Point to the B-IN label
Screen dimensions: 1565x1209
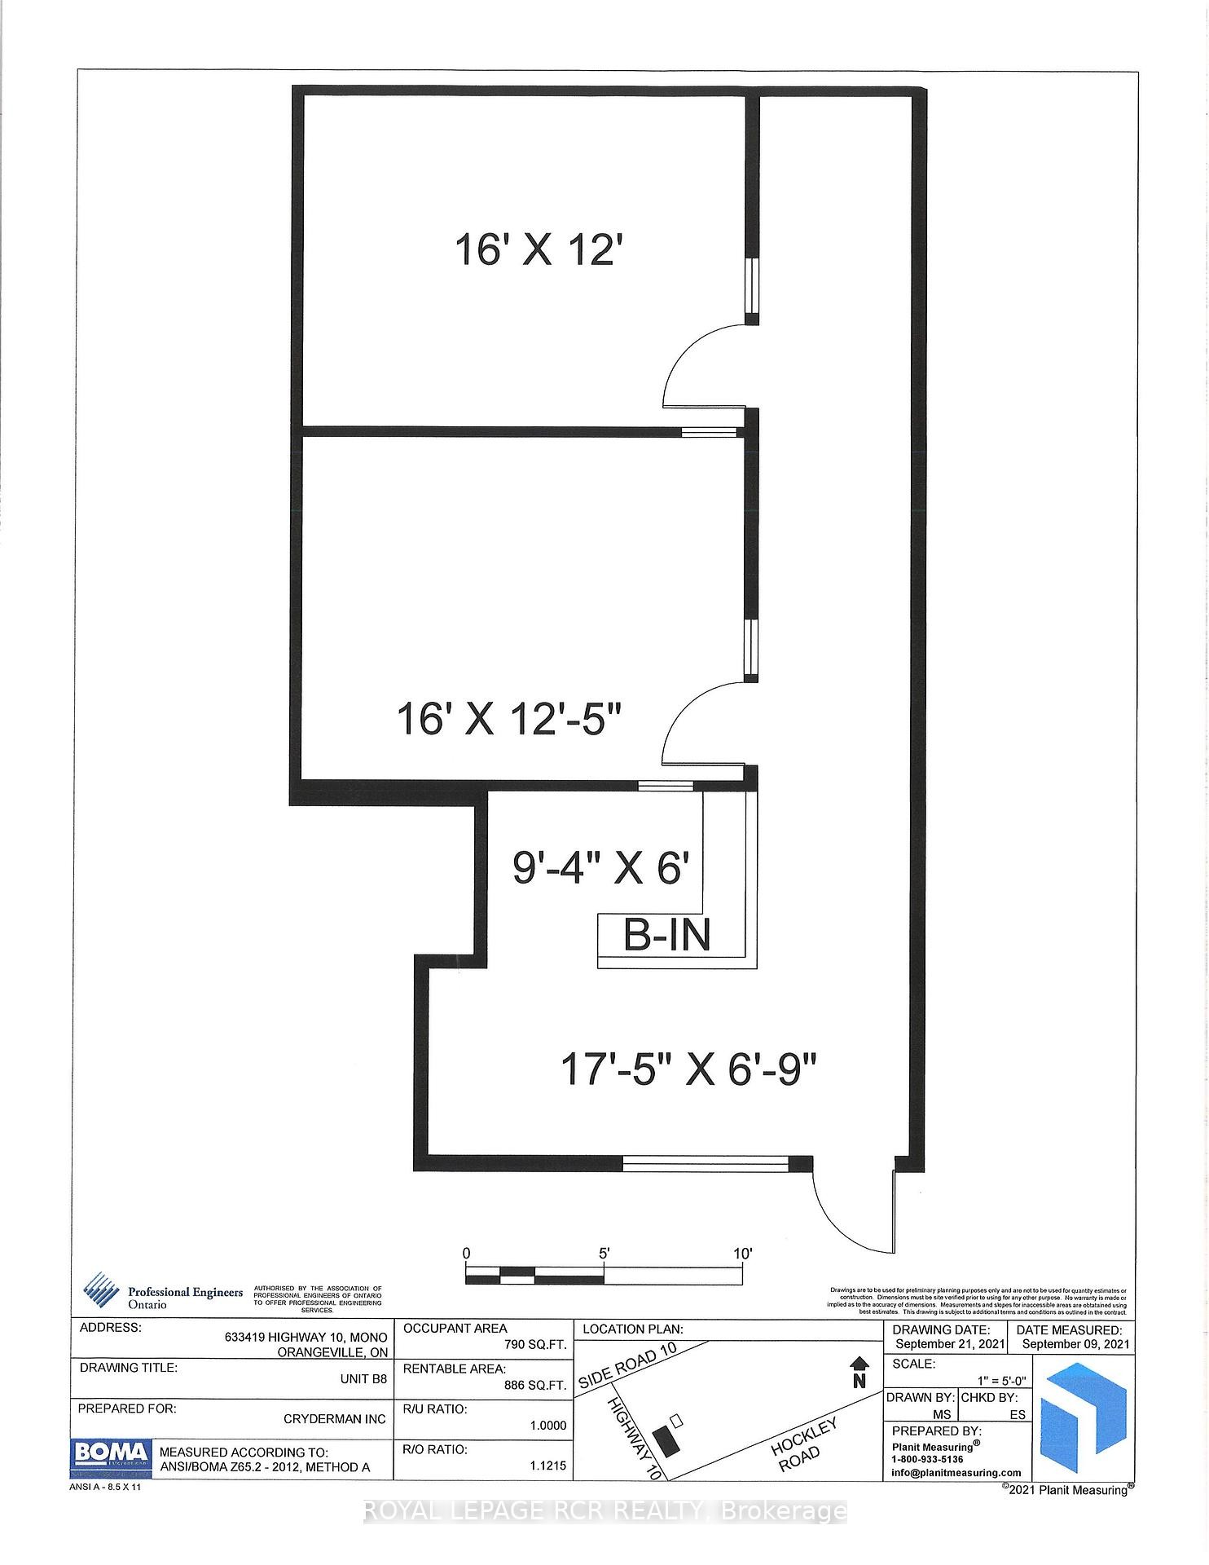pos(667,936)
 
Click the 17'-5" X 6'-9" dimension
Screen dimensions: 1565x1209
pos(688,1069)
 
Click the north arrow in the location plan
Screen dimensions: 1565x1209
pos(858,1372)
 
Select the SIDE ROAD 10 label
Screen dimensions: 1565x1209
pos(627,1368)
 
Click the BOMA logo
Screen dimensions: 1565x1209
pos(112,1453)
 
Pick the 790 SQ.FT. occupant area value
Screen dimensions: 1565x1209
pos(535,1345)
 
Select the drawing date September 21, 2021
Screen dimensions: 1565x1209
pos(947,1344)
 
